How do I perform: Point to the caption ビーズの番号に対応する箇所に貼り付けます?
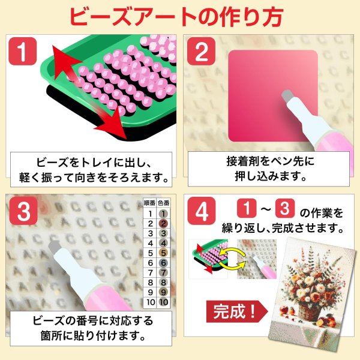pyautogui.click(x=90, y=328)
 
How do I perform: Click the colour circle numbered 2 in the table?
pyautogui.click(x=163, y=223)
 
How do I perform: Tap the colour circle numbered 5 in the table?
pyautogui.click(x=163, y=253)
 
